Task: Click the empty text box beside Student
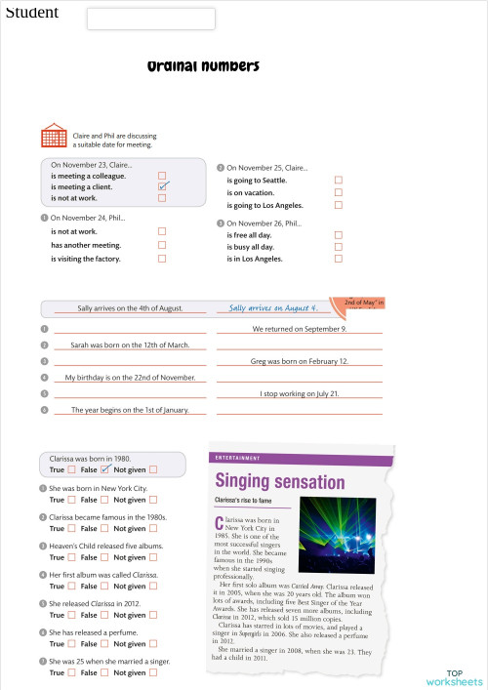(150, 19)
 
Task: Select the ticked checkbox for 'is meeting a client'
(163, 185)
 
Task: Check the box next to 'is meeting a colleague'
(162, 175)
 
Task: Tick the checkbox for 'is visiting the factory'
(162, 259)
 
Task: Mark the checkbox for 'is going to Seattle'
(339, 181)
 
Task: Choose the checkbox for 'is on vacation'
(339, 193)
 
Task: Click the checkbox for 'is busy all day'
(339, 247)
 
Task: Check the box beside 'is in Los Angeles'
(339, 259)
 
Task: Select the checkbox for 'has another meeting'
(162, 245)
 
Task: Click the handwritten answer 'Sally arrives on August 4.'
(273, 307)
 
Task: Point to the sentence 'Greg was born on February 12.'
(300, 361)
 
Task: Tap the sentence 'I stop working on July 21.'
(300, 393)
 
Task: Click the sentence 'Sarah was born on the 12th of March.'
(130, 345)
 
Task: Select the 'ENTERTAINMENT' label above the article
(236, 458)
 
